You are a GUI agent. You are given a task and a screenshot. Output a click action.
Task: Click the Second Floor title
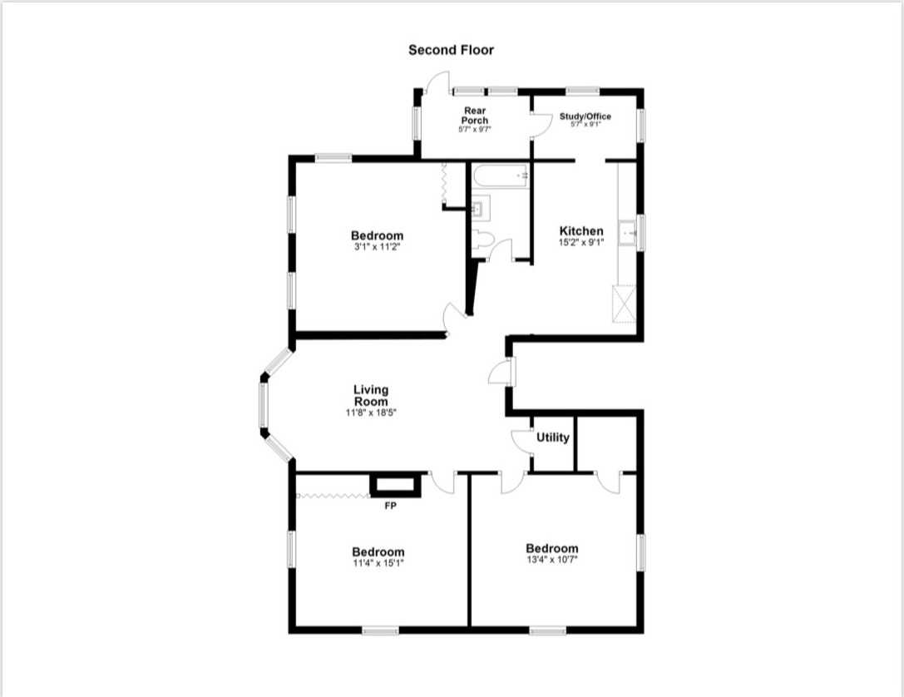pos(451,50)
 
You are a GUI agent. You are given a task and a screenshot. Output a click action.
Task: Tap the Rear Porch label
pos(475,116)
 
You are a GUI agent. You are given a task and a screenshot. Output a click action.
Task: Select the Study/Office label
pos(585,116)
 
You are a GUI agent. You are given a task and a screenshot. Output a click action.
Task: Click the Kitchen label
pos(581,231)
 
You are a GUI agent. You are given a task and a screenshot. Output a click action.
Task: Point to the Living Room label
pos(371,395)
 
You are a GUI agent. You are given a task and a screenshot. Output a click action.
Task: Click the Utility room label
pos(552,437)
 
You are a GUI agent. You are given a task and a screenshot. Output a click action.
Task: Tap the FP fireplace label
pos(390,505)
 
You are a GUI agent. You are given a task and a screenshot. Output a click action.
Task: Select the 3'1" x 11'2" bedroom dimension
pos(377,247)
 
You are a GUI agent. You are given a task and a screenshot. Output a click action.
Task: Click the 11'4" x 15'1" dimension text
pos(378,563)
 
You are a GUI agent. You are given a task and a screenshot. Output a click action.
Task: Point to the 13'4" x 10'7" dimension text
pos(551,560)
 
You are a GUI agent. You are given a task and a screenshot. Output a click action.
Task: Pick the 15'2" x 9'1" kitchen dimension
pos(581,243)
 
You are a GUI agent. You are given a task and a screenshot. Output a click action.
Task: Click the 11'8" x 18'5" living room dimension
pos(370,413)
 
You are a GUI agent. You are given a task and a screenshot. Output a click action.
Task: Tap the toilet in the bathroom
pos(482,240)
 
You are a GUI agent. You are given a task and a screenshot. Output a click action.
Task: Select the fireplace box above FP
pos(396,486)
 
